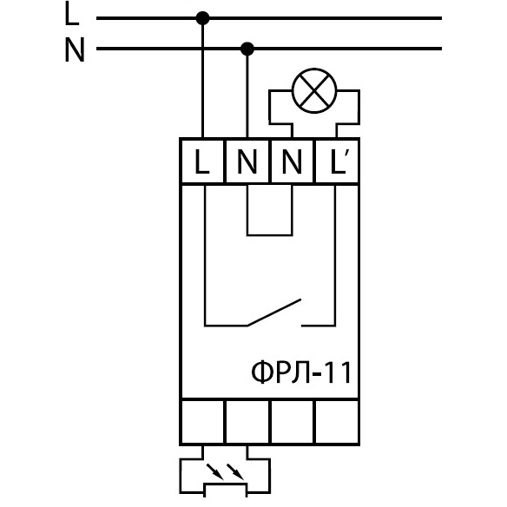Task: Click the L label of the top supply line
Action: tap(72, 15)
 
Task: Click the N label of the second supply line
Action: tap(75, 49)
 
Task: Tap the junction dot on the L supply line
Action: tap(203, 18)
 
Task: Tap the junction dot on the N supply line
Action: tap(247, 49)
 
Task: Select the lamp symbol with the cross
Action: tap(314, 91)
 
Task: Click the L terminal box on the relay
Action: tap(202, 161)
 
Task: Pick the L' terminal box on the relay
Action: tap(337, 161)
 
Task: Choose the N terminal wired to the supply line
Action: tap(247, 161)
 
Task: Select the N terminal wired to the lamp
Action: tap(292, 161)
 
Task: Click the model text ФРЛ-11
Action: tap(301, 372)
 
